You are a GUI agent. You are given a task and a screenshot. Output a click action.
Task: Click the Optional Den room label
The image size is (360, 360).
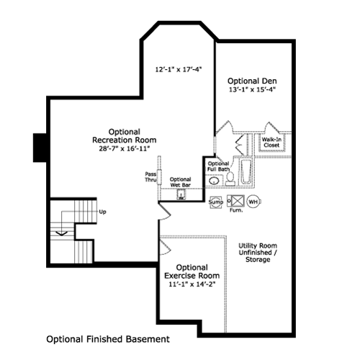[x=252, y=81]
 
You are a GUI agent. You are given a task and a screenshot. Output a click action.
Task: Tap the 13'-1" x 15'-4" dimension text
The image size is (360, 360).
[x=252, y=89]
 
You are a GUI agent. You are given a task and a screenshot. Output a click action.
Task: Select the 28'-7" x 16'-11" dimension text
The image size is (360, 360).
[x=125, y=148]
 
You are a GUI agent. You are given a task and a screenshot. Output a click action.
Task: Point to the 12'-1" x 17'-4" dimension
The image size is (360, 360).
[x=179, y=70]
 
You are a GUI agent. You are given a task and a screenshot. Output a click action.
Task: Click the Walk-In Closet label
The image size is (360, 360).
[x=271, y=143]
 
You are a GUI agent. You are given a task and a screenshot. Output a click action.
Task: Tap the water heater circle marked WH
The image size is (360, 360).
[x=253, y=202]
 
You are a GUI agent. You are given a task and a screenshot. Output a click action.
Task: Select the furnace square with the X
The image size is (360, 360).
[x=235, y=201]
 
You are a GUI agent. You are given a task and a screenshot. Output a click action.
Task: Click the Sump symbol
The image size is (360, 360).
[x=216, y=202]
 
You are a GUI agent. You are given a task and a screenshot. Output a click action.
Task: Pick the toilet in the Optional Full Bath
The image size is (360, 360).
[x=230, y=179]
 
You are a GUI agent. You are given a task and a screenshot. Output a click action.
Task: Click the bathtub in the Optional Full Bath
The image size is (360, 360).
[x=246, y=171]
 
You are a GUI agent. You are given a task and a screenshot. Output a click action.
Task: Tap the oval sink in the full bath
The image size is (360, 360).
[x=214, y=181]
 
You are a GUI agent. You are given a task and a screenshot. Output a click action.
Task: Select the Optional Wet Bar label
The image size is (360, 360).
[x=180, y=182]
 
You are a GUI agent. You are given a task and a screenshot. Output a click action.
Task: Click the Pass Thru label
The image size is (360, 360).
[x=150, y=176]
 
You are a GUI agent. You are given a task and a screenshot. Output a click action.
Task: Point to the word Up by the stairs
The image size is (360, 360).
[x=102, y=212]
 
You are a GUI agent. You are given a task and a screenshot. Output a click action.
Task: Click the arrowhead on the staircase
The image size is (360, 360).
[x=62, y=233]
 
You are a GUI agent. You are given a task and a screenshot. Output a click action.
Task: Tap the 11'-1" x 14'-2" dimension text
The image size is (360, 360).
[x=192, y=284]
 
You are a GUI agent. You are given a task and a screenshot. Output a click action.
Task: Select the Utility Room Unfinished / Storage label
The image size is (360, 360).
[x=258, y=253]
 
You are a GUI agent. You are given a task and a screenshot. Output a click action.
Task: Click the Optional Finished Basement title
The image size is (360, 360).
[x=108, y=339]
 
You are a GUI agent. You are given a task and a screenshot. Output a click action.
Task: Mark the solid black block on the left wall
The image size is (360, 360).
[x=40, y=148]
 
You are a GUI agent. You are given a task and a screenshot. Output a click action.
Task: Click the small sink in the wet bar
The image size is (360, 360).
[x=181, y=194]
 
